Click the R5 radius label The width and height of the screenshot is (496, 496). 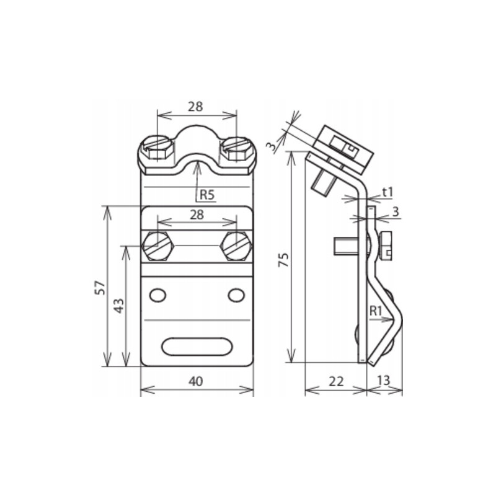pos(207,194)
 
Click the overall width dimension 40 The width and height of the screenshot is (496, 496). pos(196,381)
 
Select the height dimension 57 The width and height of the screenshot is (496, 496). pos(100,287)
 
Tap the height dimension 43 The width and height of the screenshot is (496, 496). pos(119,306)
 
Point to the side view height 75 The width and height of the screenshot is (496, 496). pos(283,259)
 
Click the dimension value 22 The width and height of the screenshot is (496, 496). pos(336,381)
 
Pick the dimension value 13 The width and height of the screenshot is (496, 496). pos(383,380)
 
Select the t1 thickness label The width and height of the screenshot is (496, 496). pos(387,192)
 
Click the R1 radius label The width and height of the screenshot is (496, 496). pos(376,311)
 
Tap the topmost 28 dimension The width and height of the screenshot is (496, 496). pos(195,107)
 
